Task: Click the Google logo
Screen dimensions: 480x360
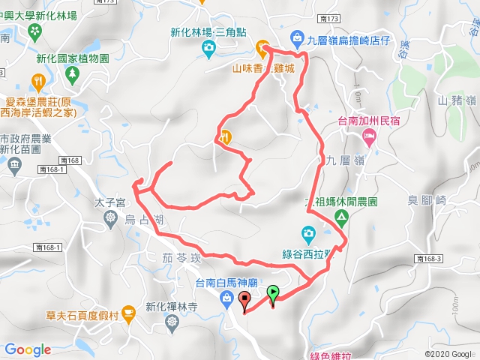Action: click(x=28, y=349)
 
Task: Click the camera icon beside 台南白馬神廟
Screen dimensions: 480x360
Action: click(x=226, y=299)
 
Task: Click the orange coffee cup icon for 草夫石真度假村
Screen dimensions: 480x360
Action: click(x=127, y=311)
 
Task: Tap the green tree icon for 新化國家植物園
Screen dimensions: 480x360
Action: click(x=72, y=73)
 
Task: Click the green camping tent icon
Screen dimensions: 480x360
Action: click(x=341, y=217)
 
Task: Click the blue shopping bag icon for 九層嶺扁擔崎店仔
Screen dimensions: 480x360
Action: click(x=297, y=37)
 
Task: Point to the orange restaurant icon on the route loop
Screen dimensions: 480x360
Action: click(x=224, y=136)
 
